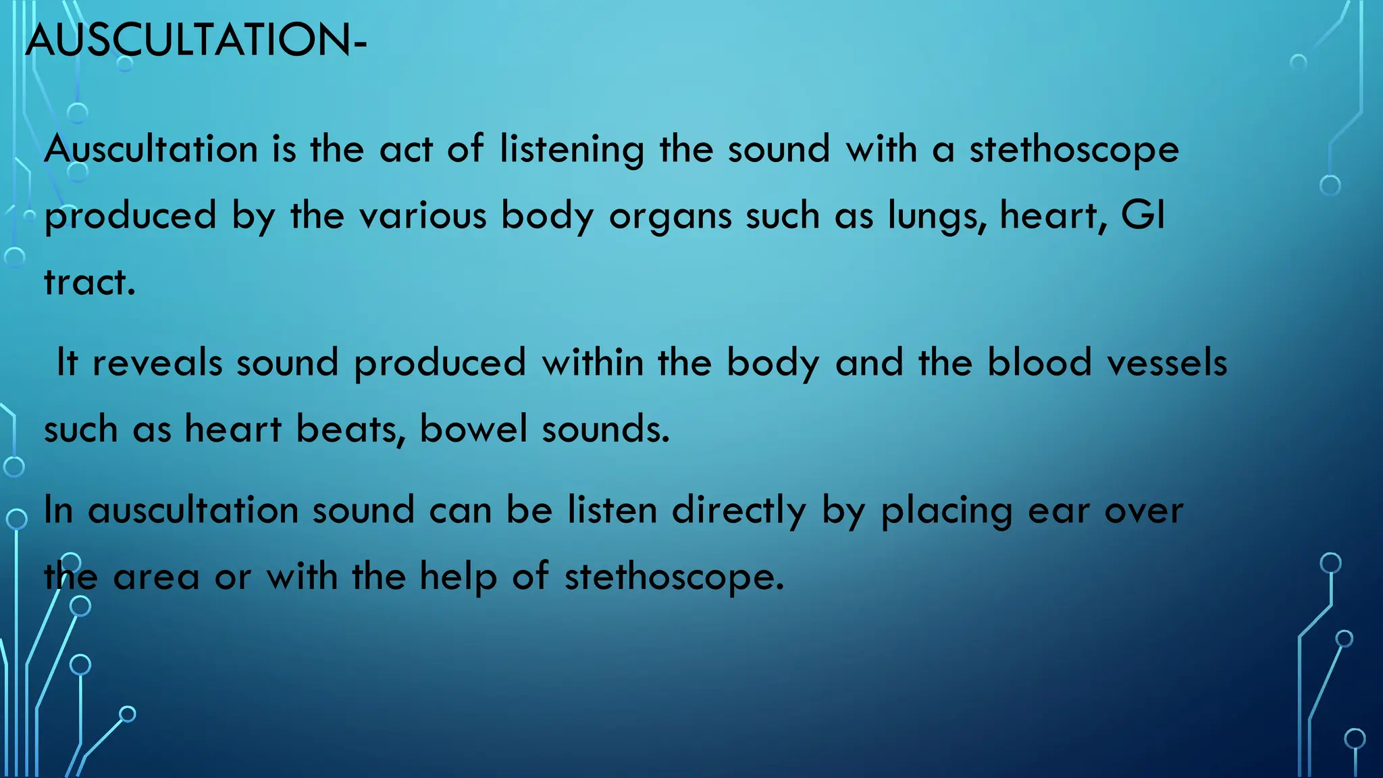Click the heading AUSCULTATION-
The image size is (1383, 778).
[196, 41]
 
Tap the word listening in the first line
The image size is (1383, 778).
[572, 149]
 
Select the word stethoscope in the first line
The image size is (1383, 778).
[1074, 149]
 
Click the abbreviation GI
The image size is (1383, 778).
[1143, 216]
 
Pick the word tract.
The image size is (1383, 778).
[89, 282]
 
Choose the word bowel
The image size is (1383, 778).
[473, 430]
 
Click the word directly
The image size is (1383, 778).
[739, 511]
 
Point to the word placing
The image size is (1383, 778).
[947, 511]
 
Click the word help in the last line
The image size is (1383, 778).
[459, 577]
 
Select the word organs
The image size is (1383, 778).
[671, 216]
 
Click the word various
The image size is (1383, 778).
[423, 216]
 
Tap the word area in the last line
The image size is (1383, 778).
[156, 577]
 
